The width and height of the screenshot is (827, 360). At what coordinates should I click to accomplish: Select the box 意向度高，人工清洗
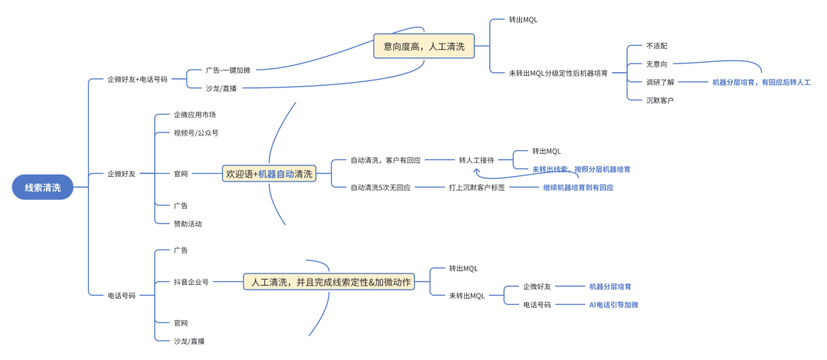coord(423,46)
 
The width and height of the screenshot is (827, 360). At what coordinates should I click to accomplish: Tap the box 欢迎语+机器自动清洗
coord(269,174)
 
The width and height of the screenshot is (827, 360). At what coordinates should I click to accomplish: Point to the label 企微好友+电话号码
coord(137,79)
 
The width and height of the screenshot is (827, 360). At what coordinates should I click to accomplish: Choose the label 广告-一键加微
coord(227,70)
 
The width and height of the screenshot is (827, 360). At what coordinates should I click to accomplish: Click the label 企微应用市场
coord(194,115)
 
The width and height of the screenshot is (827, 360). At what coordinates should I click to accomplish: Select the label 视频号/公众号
coord(195,133)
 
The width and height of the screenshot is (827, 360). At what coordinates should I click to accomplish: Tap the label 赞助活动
coord(188,224)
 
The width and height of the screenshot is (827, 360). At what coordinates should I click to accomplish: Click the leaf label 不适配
coord(656,46)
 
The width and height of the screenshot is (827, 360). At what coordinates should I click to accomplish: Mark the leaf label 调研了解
coord(659,82)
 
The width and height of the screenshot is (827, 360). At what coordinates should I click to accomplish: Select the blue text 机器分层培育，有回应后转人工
coord(760,82)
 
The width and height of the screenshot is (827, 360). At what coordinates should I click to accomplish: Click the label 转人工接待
coord(476,160)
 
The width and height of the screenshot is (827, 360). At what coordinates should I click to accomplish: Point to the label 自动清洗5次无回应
coord(380,187)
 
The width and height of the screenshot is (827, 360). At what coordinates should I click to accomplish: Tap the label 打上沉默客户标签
coord(476,187)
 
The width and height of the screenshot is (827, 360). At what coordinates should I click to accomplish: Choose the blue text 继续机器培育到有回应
coord(577,187)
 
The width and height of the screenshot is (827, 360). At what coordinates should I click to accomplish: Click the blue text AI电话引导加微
coord(613,304)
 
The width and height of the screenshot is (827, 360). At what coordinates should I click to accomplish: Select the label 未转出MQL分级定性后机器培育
coord(558,73)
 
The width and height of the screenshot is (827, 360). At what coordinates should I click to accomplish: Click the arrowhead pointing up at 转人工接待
coord(476,171)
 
